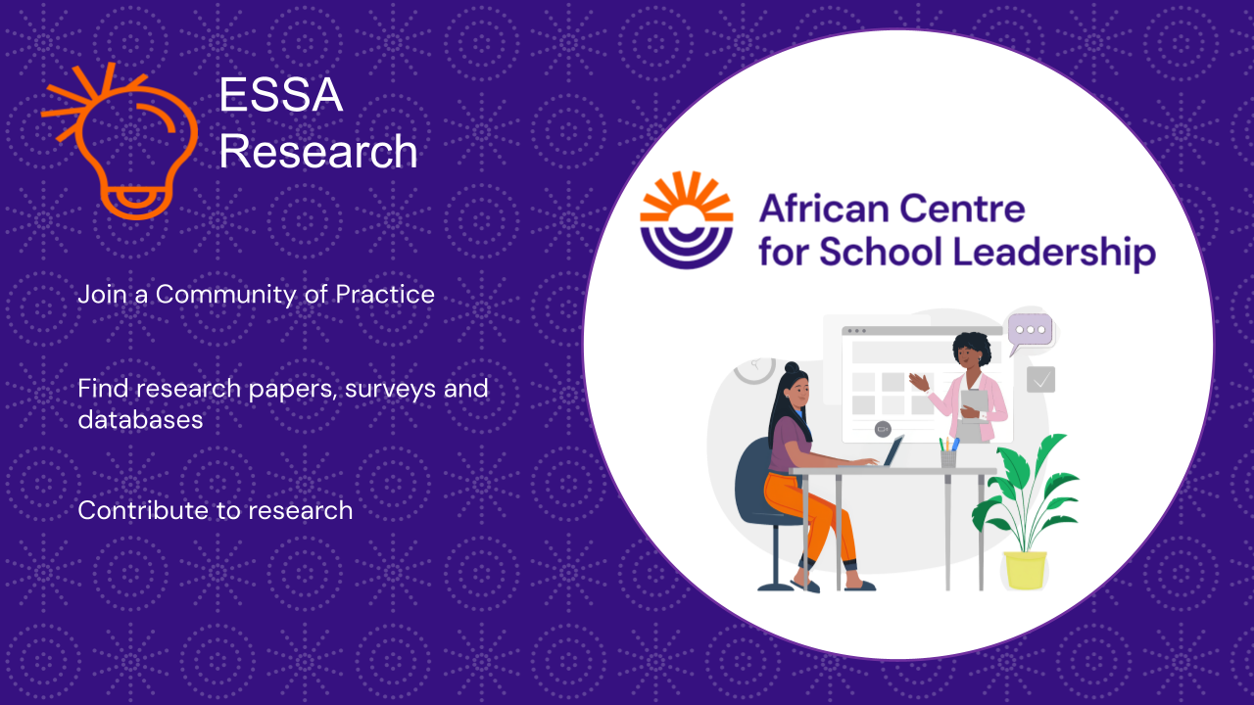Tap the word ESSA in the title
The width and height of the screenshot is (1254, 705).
280,95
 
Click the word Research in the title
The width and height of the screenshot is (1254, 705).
318,151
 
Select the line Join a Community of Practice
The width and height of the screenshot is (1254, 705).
256,295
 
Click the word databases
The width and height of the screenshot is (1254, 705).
140,420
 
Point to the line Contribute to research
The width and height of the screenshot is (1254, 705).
215,510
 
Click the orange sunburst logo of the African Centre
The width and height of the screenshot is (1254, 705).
687,220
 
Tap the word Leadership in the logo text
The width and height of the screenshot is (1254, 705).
1054,252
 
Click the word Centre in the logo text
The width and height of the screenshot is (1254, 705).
962,209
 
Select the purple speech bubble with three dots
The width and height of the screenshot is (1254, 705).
1030,332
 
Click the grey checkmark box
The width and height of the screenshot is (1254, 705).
1040,380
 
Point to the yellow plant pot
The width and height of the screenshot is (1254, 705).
1025,570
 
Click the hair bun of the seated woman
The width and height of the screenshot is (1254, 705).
792,367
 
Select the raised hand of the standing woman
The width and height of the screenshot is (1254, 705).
919,382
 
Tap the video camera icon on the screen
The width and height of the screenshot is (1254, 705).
883,429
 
